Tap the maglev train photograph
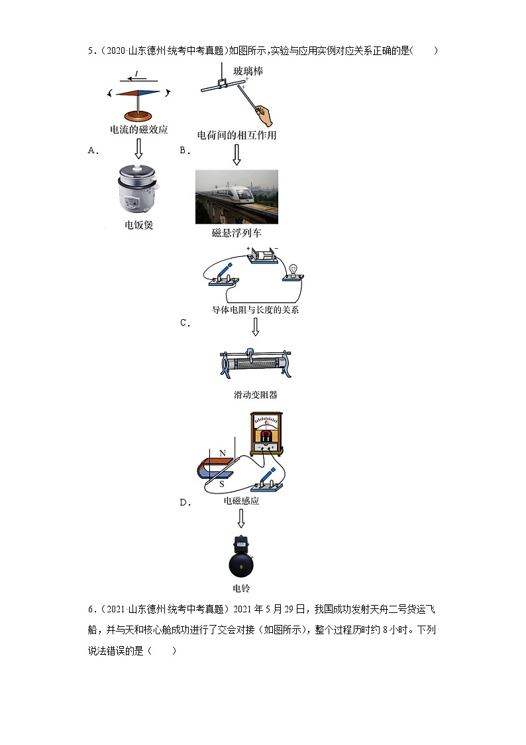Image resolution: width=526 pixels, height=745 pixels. click(237, 196)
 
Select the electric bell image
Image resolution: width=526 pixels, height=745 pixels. click(241, 557)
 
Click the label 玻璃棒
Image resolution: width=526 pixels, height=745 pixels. click(248, 71)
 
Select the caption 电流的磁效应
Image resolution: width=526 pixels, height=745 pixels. click(138, 130)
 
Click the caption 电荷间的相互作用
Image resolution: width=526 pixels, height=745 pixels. click(237, 135)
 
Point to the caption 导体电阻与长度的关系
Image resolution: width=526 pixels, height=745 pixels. click(255, 309)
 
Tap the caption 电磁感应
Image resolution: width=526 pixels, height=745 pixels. click(241, 501)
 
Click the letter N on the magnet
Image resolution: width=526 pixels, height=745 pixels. click(223, 454)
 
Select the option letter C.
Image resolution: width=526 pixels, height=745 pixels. click(185, 323)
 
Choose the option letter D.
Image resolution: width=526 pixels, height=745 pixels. click(185, 502)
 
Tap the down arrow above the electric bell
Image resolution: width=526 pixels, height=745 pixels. click(241, 519)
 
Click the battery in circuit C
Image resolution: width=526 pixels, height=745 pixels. click(262, 255)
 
